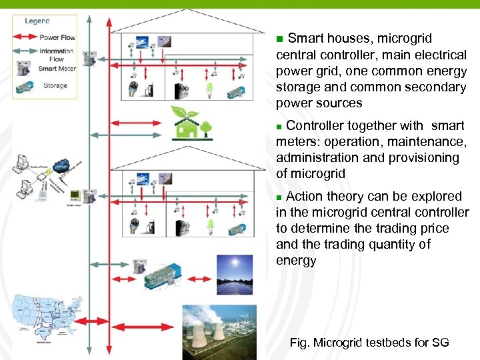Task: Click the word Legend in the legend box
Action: pyautogui.click(x=37, y=21)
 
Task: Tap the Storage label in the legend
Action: pyautogui.click(x=55, y=85)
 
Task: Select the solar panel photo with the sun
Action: pyautogui.click(x=235, y=274)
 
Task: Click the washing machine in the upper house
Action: pyautogui.click(x=181, y=91)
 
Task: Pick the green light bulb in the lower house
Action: pyautogui.click(x=209, y=226)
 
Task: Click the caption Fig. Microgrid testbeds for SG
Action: pyautogui.click(x=369, y=343)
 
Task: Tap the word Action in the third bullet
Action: pyautogui.click(x=305, y=196)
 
